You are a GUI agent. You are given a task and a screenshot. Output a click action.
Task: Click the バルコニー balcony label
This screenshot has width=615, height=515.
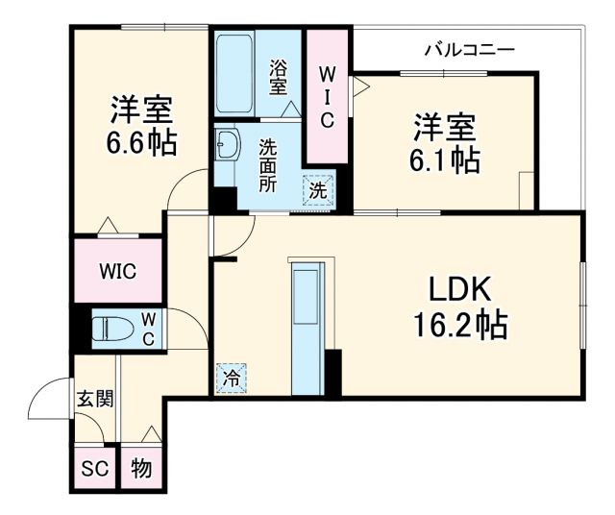click(x=471, y=49)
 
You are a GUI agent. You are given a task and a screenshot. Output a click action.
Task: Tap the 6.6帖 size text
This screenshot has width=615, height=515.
click(x=141, y=143)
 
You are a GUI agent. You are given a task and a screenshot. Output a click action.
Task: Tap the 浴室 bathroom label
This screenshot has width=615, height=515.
click(x=279, y=77)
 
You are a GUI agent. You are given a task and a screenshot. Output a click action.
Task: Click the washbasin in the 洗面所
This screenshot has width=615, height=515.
click(x=228, y=149)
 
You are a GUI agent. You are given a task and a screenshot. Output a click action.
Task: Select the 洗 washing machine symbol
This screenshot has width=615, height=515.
click(x=317, y=189)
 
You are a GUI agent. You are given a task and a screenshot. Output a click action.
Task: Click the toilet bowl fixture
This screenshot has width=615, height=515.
click(x=110, y=329)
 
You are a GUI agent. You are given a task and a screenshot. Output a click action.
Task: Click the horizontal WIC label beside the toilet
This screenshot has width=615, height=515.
click(x=117, y=271)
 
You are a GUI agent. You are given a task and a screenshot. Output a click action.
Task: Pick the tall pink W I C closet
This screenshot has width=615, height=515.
click(x=326, y=96)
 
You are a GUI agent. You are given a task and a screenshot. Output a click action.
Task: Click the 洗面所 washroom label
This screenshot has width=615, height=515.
click(x=268, y=164)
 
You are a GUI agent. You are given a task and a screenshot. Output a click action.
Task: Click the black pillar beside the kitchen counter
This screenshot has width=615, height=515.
click(x=332, y=373)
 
